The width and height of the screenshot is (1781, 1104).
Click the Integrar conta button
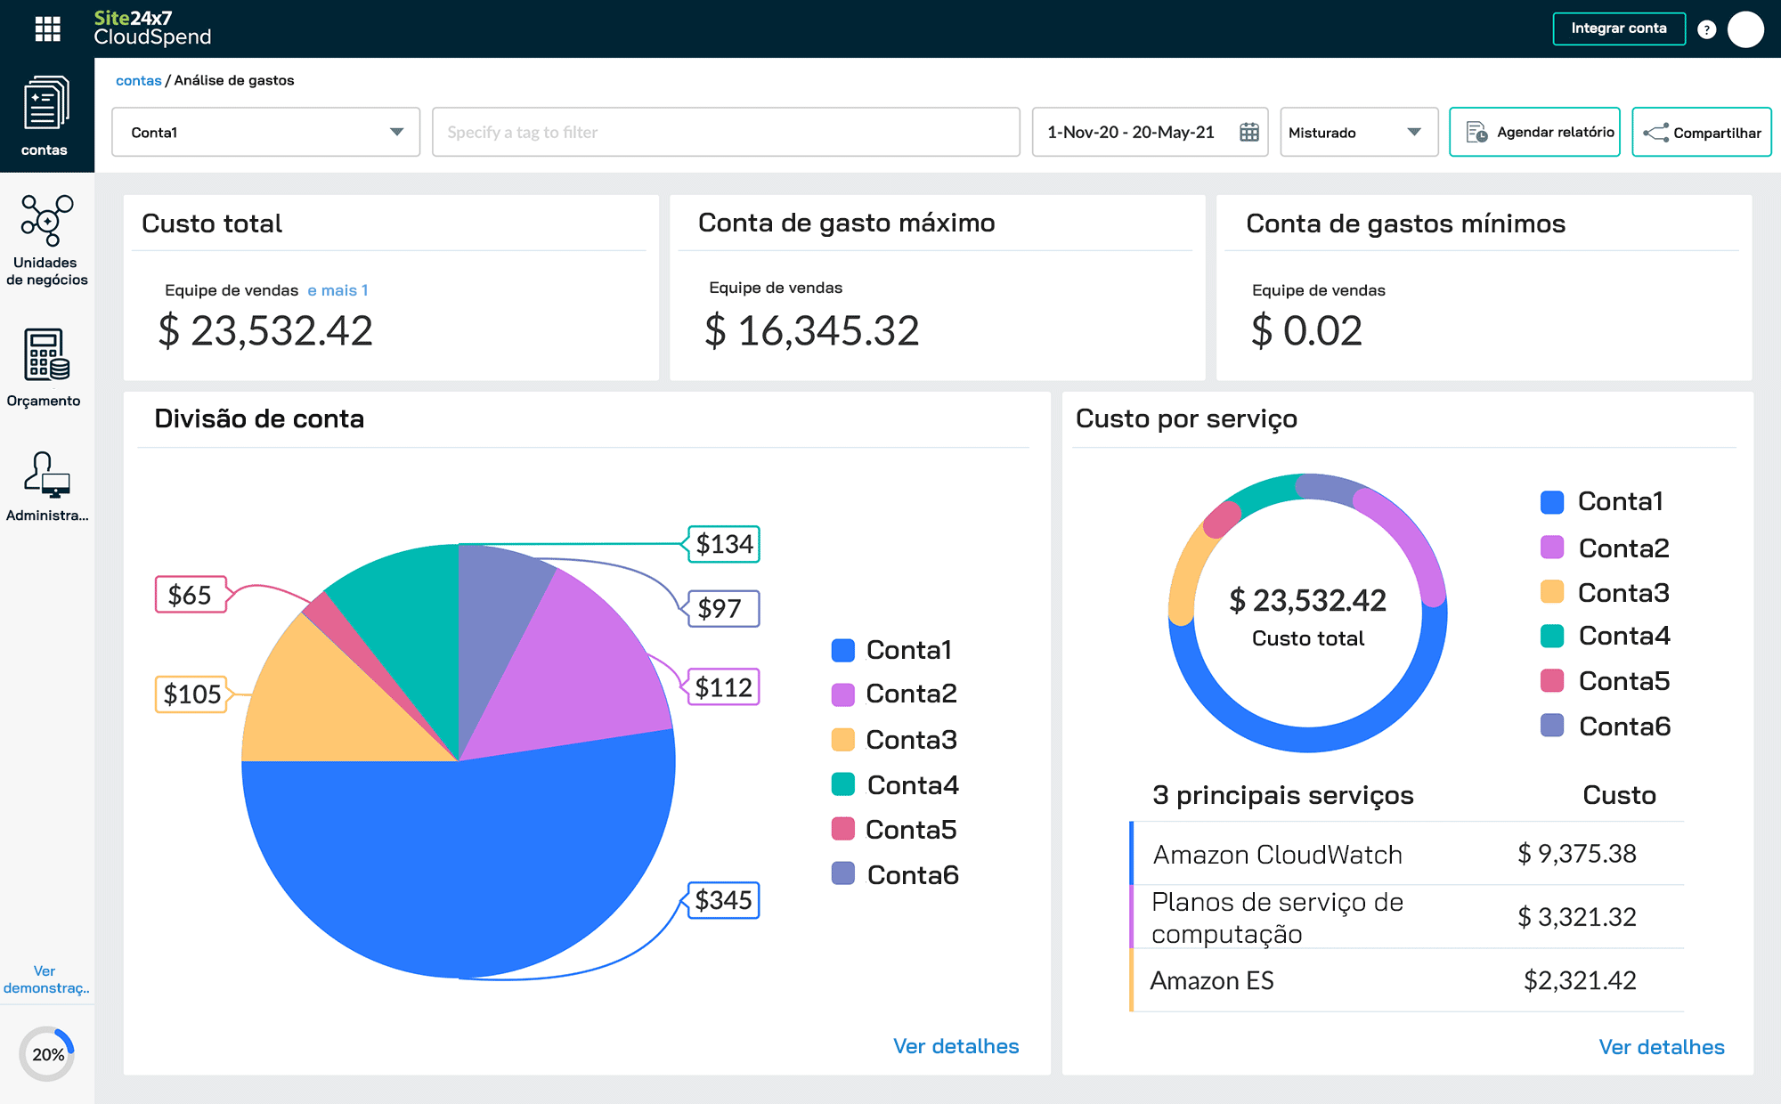coord(1618,28)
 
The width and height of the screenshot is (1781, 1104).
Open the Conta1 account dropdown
coord(265,133)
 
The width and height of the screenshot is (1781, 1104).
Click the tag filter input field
coord(725,133)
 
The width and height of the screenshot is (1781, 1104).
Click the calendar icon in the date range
coord(1248,133)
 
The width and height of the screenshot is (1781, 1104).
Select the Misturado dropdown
coord(1358,133)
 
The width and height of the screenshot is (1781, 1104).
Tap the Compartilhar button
coord(1701,133)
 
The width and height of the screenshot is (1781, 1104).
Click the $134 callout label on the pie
coord(724,544)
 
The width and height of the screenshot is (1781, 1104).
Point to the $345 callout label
coord(723,900)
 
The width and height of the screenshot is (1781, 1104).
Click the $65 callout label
coord(190,595)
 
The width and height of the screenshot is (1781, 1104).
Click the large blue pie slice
coord(463,864)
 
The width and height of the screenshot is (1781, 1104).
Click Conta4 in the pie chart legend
coord(911,785)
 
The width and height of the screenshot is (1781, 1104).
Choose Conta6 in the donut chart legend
coord(1623,727)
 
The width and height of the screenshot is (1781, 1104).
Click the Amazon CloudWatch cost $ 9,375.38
coord(1576,854)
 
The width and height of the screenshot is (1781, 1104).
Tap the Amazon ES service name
coord(1211,980)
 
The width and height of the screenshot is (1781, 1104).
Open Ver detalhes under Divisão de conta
coord(956,1046)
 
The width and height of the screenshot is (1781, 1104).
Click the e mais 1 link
coord(337,290)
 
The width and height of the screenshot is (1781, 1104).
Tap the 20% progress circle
coord(47,1054)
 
